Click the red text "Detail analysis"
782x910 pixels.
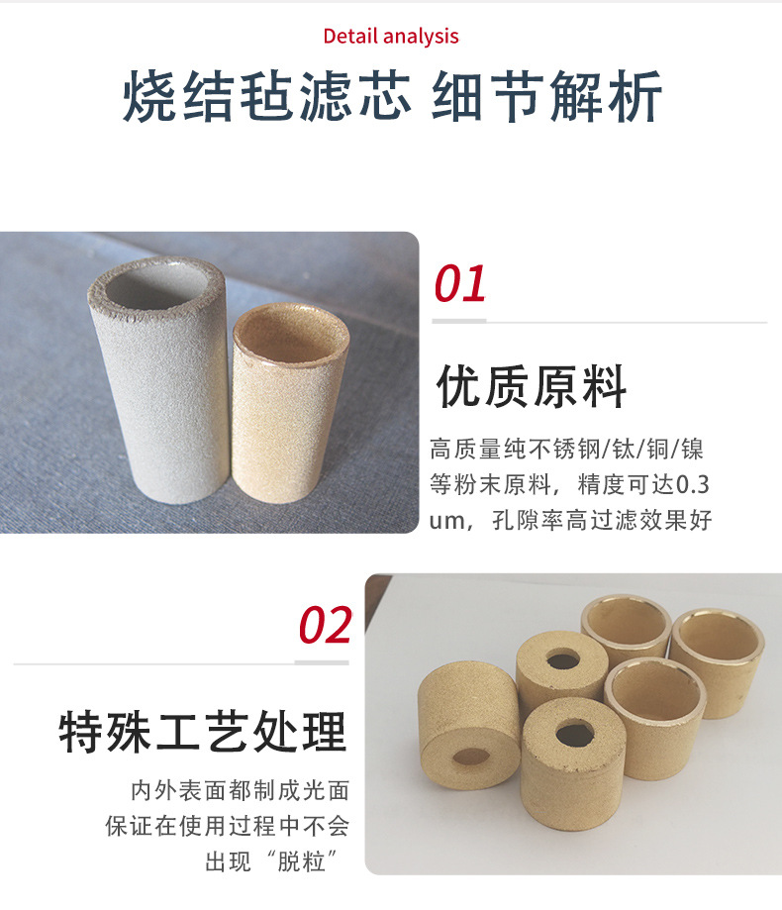[391, 37]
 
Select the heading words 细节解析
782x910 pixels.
[547, 98]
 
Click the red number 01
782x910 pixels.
[460, 284]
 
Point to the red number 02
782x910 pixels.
[325, 626]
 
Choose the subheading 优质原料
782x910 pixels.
[532, 387]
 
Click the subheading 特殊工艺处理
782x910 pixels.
[203, 733]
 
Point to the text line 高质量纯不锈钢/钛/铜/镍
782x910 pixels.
[567, 449]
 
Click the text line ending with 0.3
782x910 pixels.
[570, 485]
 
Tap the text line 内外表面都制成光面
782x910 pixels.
[241, 791]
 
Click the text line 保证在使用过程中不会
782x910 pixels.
[228, 826]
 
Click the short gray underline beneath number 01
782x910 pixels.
[460, 321]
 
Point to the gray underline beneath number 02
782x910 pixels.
[323, 661]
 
